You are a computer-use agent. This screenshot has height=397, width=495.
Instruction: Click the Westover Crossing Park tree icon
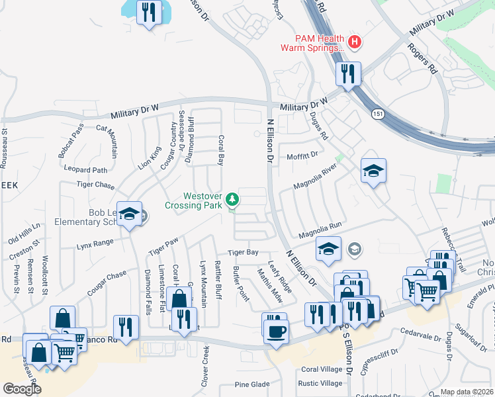[x=232, y=198]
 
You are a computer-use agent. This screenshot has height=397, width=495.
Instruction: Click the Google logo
[x=22, y=389]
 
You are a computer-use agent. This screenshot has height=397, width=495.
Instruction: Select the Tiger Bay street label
[x=243, y=253]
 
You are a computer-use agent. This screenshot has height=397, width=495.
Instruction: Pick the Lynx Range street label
[x=95, y=243]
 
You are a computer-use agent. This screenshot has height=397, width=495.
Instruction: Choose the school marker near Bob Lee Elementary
[x=130, y=214]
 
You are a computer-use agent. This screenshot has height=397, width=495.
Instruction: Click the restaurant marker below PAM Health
[x=347, y=73]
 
